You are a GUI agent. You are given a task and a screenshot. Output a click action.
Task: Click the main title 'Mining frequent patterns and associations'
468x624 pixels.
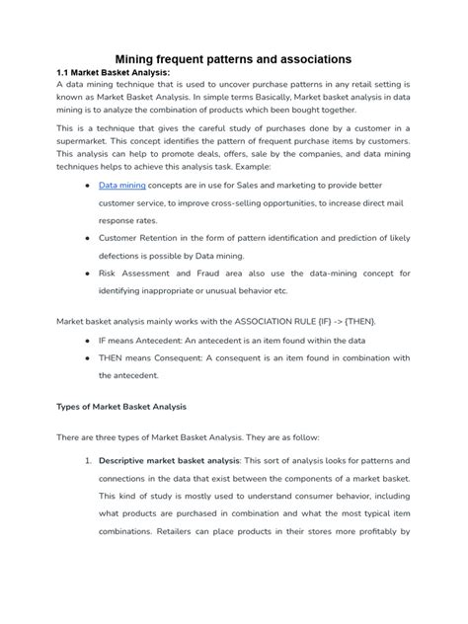(x=234, y=59)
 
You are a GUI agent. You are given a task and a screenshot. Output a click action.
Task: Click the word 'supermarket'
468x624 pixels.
(x=88, y=143)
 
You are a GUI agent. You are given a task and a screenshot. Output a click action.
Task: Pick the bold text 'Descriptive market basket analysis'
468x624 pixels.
(x=169, y=461)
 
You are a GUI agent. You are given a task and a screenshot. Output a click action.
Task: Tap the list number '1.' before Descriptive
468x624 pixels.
(x=88, y=461)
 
